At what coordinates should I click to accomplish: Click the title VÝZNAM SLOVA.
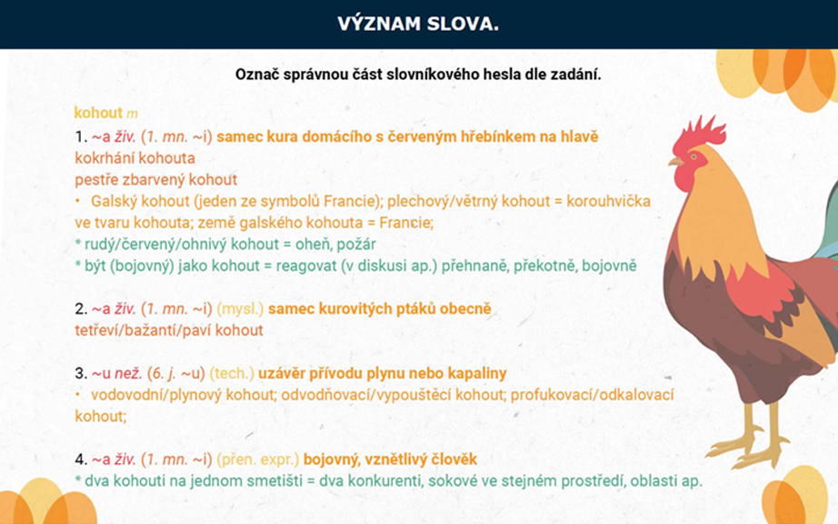tap(418, 24)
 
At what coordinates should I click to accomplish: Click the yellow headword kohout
tap(98, 113)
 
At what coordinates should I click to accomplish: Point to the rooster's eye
tap(693, 157)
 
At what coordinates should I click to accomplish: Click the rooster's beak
tap(676, 161)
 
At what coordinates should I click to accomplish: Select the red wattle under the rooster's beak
tap(683, 178)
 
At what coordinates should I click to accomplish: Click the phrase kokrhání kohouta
tap(135, 158)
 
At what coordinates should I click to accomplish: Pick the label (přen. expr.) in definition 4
tap(257, 459)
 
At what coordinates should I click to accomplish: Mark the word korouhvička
tap(608, 201)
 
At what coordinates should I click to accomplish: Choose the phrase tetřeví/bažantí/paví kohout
tap(169, 330)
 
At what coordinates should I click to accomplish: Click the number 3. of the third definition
tap(81, 373)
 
